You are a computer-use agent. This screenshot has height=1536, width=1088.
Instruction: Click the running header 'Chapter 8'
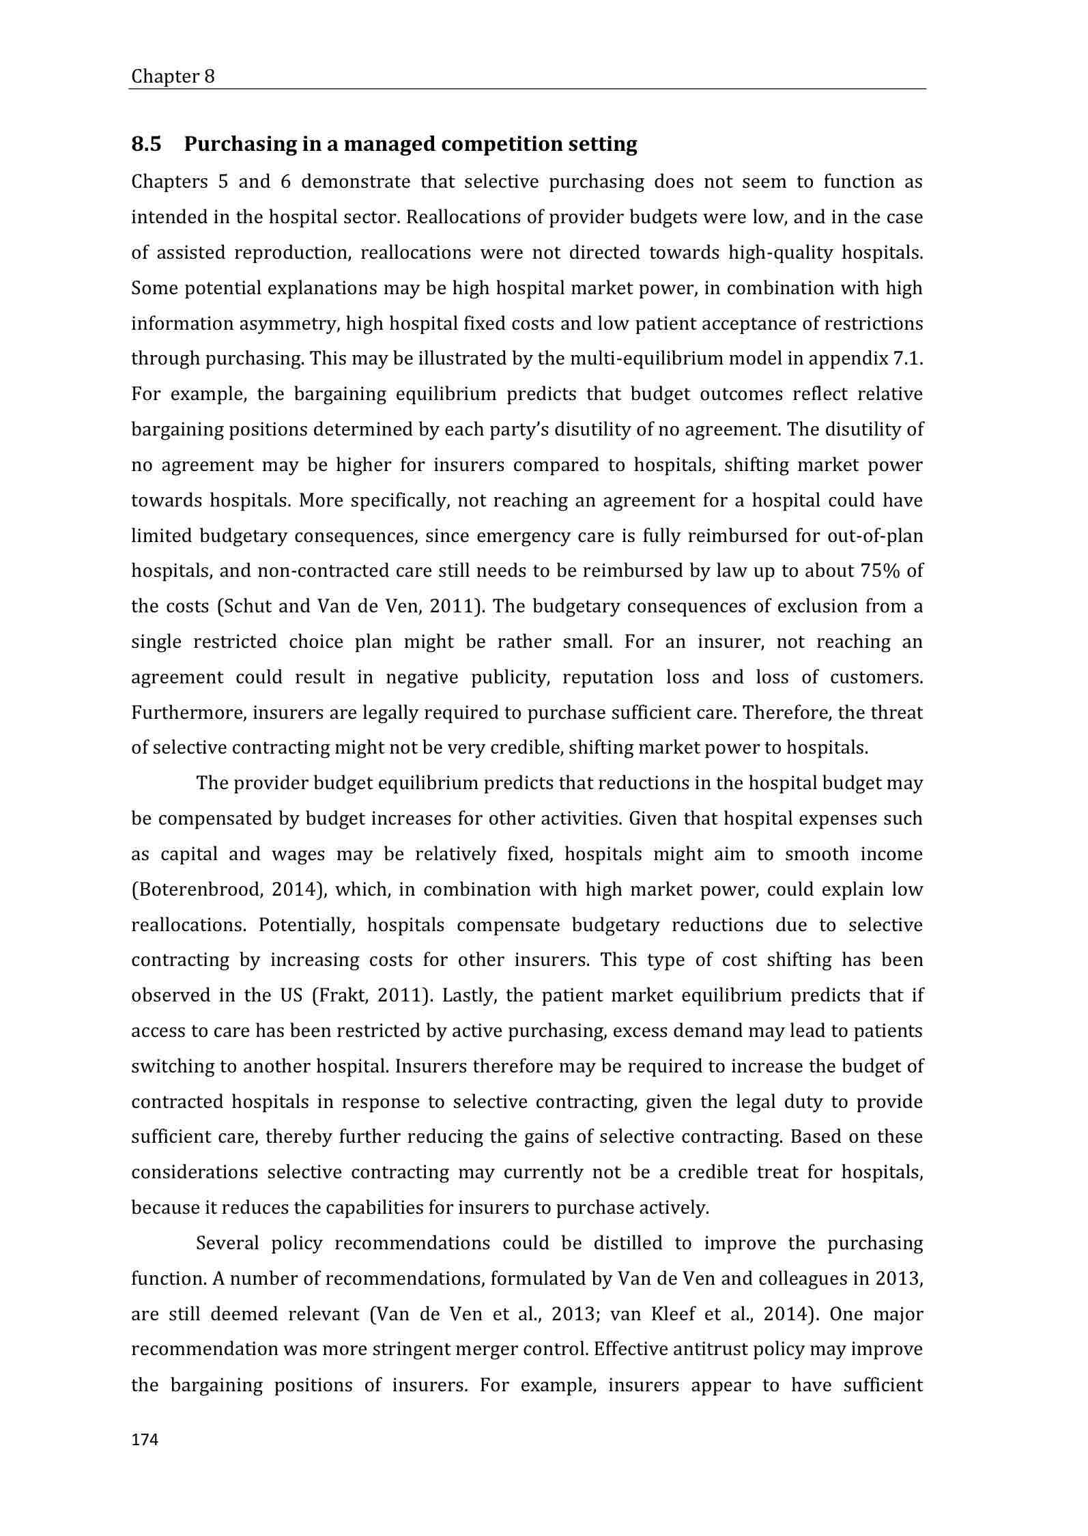click(173, 76)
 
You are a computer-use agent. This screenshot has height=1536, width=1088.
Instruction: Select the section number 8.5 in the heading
click(146, 144)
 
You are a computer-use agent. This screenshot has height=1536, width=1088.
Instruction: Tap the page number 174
click(145, 1440)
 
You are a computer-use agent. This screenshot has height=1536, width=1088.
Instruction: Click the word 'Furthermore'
click(188, 713)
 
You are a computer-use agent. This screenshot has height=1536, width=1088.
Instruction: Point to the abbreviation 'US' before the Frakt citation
click(291, 995)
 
